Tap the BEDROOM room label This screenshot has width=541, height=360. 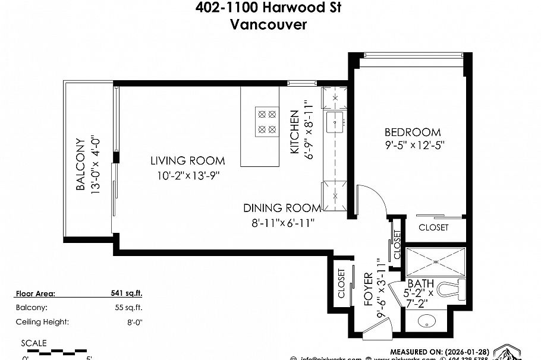coord(412,132)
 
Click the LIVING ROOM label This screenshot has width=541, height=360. coord(187,160)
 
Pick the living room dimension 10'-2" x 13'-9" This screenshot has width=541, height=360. coord(187,175)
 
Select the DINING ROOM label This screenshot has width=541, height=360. coord(282,208)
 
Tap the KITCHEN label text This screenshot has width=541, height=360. coord(294,132)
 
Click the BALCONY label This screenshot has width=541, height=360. coord(81,165)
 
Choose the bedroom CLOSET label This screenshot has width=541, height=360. coord(433,228)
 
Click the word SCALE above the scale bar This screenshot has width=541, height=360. coord(33,343)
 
